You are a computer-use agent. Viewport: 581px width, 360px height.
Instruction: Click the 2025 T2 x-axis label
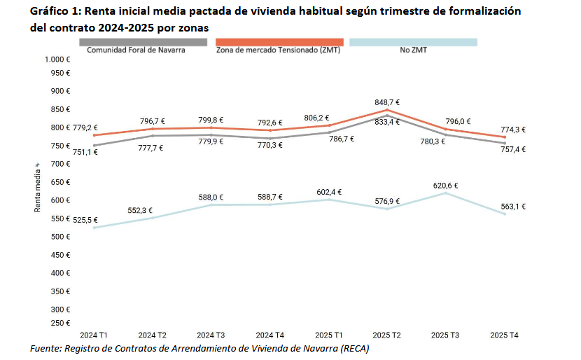click(386, 335)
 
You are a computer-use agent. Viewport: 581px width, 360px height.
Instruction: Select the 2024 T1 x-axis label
click(93, 335)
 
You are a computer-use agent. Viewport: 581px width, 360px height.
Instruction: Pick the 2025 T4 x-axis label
click(504, 335)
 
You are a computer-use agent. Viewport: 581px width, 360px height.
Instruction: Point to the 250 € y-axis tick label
click(60, 323)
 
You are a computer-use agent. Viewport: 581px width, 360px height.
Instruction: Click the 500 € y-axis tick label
click(60, 237)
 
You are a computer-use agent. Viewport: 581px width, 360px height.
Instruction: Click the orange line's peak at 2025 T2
click(386, 110)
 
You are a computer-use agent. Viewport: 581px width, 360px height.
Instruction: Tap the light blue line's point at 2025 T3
click(445, 193)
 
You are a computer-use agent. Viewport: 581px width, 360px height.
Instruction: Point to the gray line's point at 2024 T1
click(93, 146)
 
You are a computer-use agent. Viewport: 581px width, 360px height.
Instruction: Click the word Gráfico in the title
click(48, 12)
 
